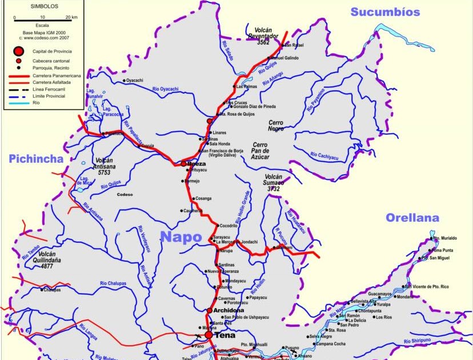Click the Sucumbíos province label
[385, 12]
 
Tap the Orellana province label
[412, 218]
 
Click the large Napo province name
[181, 237]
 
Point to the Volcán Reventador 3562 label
[263, 36]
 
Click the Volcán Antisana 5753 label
[104, 166]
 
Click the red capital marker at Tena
[209, 335]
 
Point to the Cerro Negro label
[276, 126]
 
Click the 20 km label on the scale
[71, 18]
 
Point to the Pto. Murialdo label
[444, 238]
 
